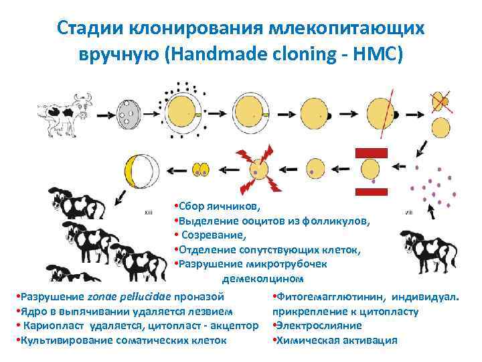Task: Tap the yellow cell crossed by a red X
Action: pos(440,101)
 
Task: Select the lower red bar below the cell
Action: pos(371,189)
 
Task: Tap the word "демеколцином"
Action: pos(262,278)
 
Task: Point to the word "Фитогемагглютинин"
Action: pos(331,296)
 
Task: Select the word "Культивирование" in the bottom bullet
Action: pos(65,341)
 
